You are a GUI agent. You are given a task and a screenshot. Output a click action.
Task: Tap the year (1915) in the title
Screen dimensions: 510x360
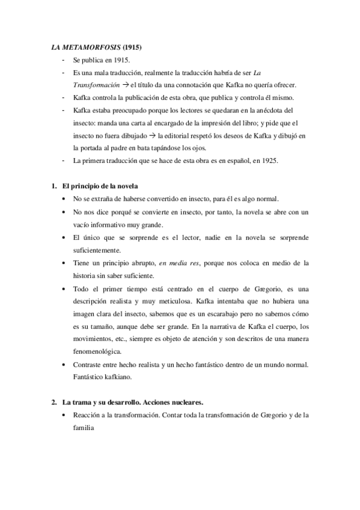point(133,46)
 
